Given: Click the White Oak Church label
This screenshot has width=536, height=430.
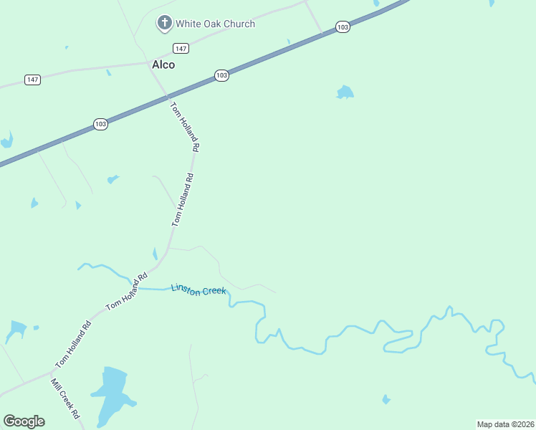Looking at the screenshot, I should coord(215,24).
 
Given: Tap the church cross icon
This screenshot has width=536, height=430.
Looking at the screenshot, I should coord(165,24).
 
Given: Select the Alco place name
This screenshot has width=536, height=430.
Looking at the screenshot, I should coord(163,64).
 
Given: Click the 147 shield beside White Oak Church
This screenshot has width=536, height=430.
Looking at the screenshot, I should coord(181,48).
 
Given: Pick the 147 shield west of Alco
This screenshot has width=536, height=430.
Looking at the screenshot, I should coord(32,80).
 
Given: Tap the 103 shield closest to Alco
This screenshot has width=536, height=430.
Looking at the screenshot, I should coord(221,75).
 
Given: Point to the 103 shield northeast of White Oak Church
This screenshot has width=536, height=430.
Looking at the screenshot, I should coord(343,27).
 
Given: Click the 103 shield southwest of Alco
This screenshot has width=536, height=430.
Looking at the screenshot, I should coord(100,125).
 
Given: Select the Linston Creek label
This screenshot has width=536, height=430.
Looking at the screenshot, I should coord(198,290).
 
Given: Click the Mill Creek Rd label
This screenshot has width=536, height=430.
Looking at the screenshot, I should coord(65,399).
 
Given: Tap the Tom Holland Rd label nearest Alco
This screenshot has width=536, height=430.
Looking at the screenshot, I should coord(185,126).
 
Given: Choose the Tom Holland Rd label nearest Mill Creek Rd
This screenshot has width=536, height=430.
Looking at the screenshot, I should coord(74,344).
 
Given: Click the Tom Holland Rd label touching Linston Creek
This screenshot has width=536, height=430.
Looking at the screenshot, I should coord(127,291).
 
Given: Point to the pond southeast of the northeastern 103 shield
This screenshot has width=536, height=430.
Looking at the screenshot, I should coord(345,92).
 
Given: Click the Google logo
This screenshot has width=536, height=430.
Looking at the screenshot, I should coord(24,421).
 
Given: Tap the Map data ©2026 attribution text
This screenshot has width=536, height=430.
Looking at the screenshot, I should coord(505,424).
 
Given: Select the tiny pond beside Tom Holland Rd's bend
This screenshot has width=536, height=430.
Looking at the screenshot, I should coord(155,254).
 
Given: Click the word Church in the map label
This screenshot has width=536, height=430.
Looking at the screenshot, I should coord(239,24).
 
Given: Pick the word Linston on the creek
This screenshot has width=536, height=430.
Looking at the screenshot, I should coord(187,288).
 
